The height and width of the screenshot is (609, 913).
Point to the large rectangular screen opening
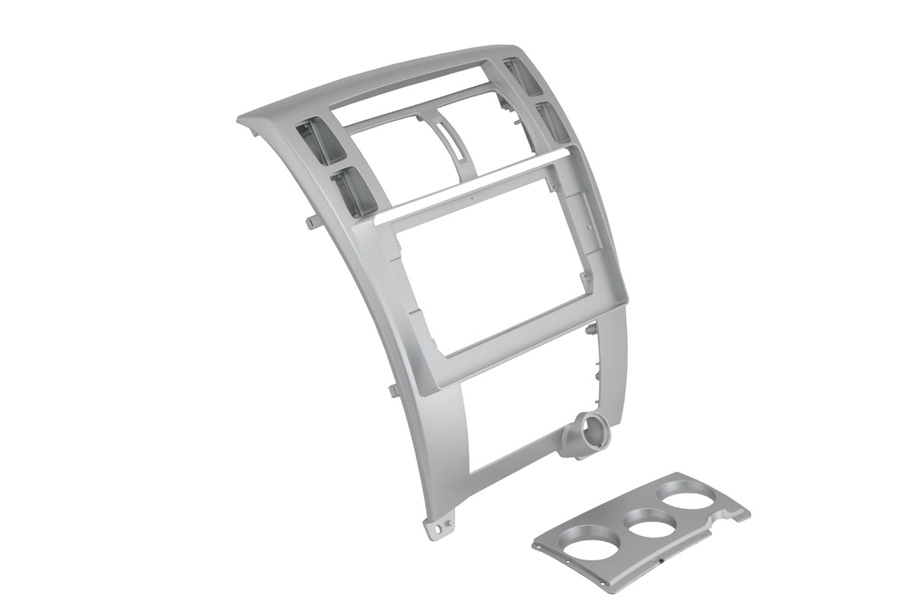[x=495, y=263]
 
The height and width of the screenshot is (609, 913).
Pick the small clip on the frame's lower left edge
[x=393, y=390]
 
